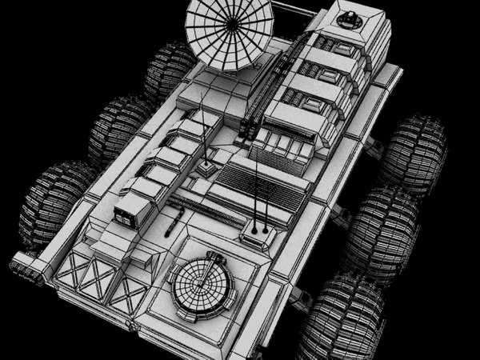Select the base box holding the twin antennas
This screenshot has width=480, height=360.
point(257,234)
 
